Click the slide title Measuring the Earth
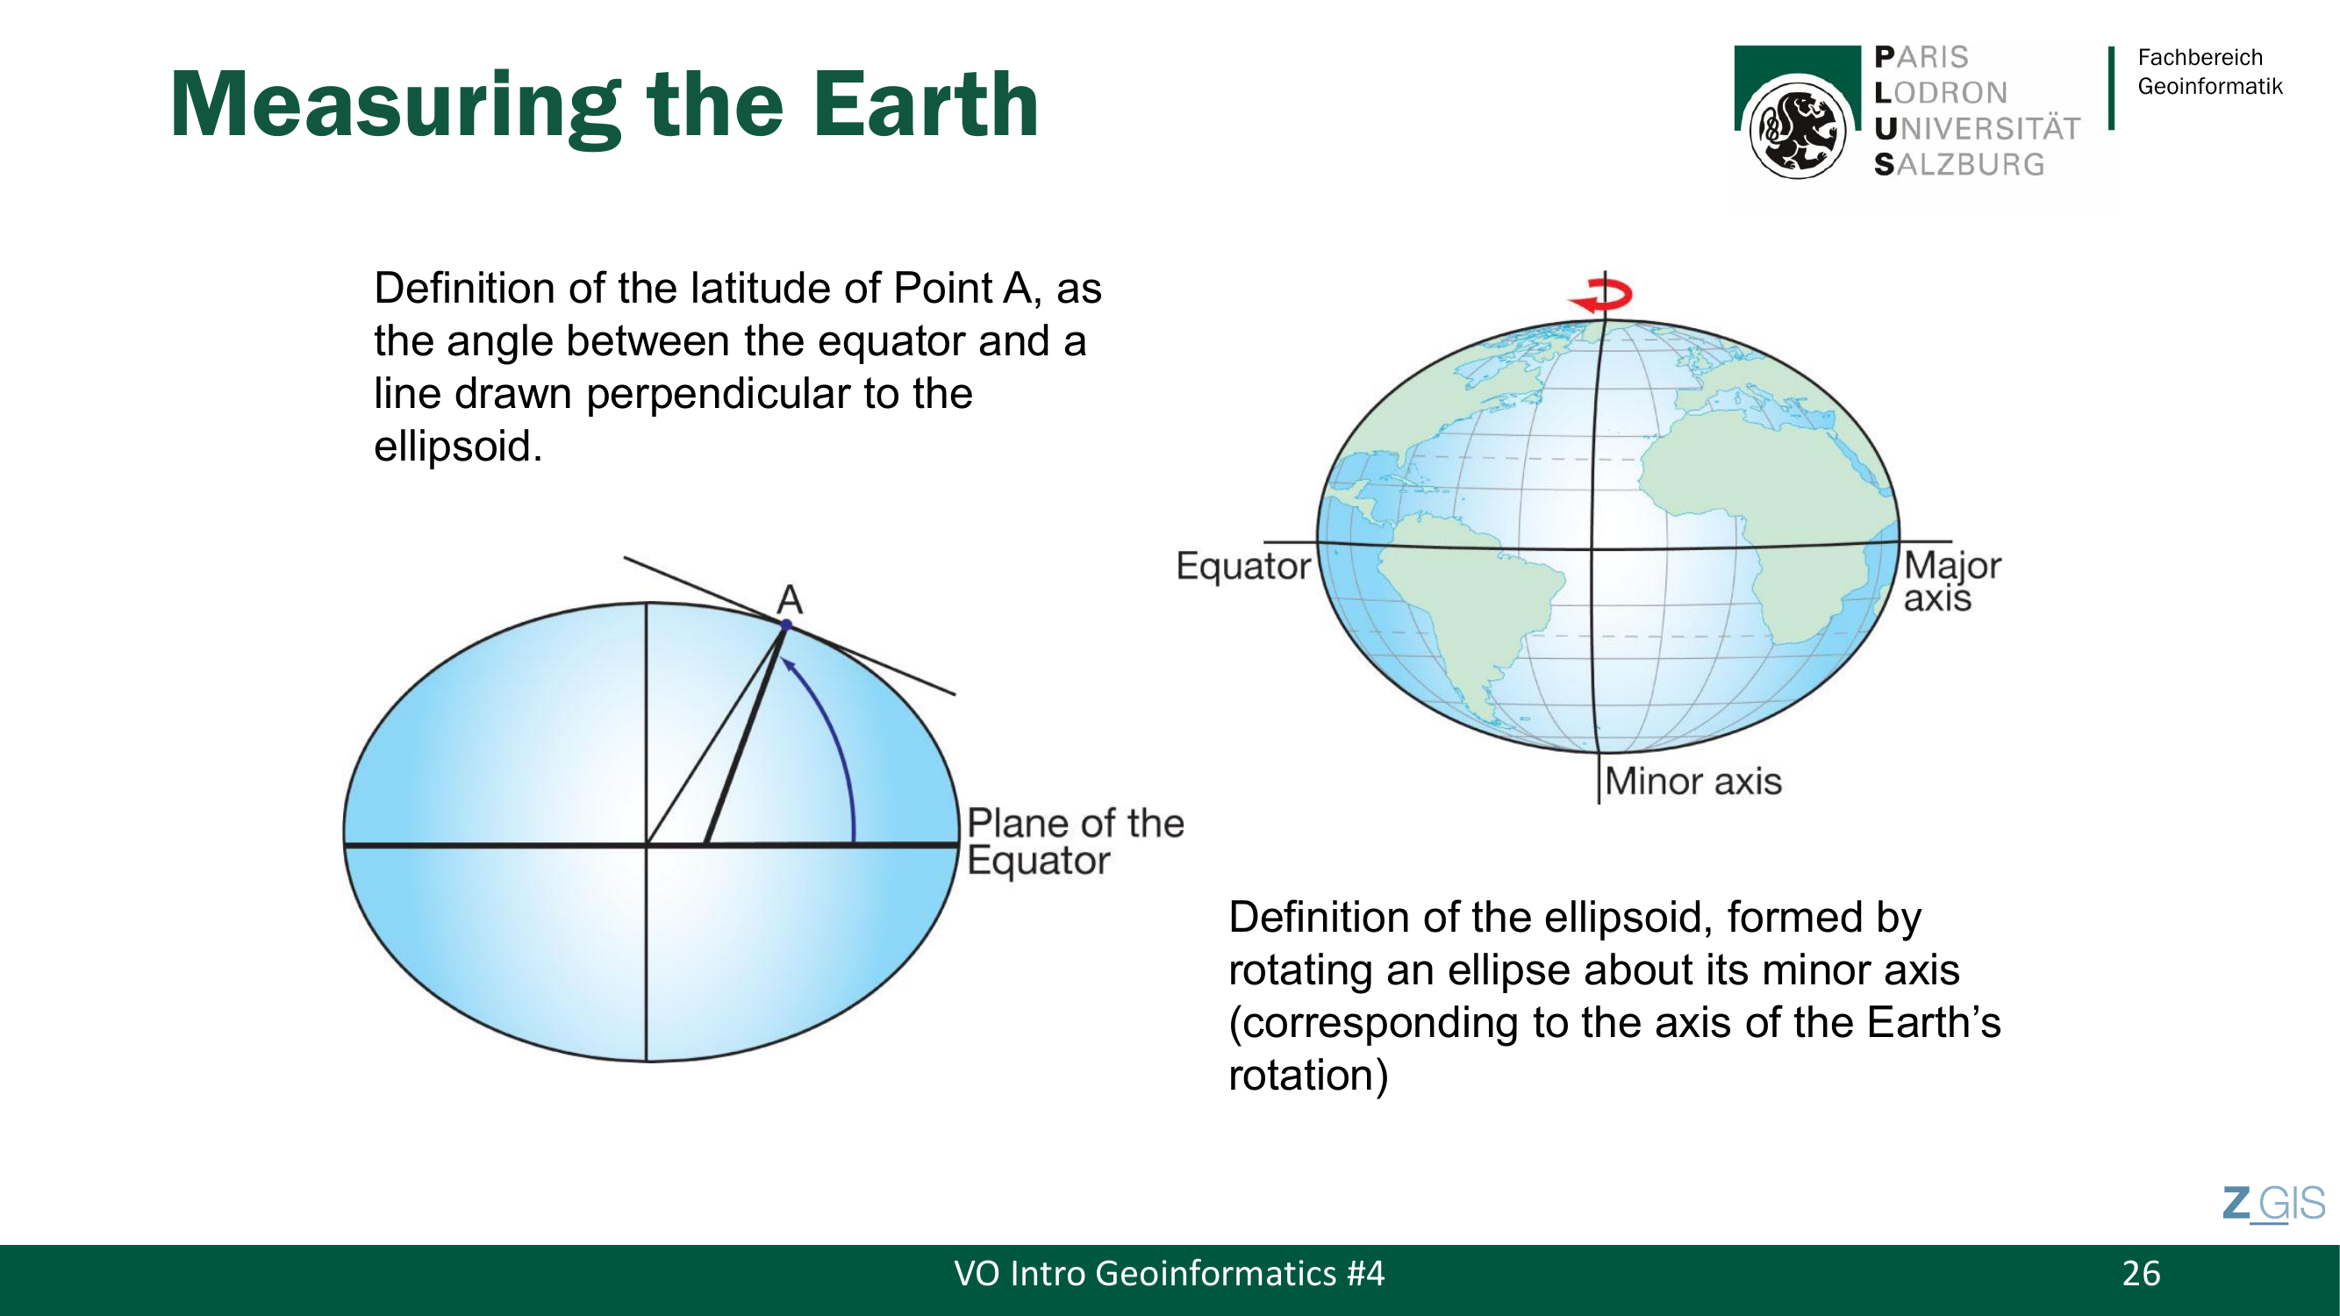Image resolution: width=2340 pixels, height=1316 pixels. point(604,105)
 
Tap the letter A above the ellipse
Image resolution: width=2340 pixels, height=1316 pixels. point(790,599)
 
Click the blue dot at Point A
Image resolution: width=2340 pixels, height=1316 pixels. point(787,625)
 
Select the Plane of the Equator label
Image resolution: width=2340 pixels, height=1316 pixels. point(1076,842)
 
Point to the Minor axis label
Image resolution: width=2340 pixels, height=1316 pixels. point(1693,782)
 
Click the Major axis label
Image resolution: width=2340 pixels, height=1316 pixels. point(1952,583)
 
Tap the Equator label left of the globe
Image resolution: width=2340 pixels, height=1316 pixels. point(1243,566)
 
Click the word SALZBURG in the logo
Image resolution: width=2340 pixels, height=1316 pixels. point(1959,164)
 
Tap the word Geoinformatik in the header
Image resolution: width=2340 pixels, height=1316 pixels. point(2209,87)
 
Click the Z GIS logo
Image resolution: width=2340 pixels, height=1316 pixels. point(2273,1205)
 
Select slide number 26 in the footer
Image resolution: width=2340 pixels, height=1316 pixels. point(2141,1273)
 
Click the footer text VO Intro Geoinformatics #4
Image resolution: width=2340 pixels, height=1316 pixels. point(1169,1273)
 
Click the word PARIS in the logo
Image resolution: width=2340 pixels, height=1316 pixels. point(1921,57)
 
